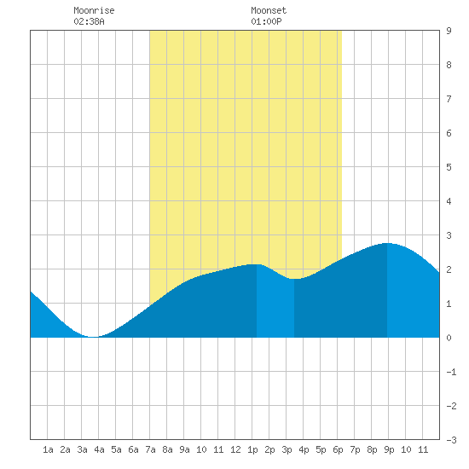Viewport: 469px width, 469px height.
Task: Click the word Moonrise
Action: [x=94, y=10]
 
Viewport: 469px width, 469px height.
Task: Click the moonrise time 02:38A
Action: [x=89, y=21]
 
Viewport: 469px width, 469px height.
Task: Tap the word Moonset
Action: [x=269, y=10]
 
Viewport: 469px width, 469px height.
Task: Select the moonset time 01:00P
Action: [x=266, y=21]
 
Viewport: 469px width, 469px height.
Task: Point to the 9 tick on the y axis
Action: [x=449, y=31]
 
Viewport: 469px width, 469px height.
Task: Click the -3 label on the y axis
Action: [x=451, y=440]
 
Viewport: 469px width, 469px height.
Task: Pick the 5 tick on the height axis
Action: [x=449, y=167]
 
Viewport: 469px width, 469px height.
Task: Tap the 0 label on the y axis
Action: [x=449, y=338]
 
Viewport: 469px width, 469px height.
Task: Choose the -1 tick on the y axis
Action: [x=451, y=372]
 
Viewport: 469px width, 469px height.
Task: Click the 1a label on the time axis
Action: [x=48, y=449]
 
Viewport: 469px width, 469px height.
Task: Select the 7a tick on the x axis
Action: [x=150, y=449]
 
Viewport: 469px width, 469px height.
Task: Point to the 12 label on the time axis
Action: [x=235, y=449]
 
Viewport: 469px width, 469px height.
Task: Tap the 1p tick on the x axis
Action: [x=252, y=449]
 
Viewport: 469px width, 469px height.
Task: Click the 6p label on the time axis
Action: [x=338, y=449]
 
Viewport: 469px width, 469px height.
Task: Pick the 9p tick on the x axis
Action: [x=389, y=449]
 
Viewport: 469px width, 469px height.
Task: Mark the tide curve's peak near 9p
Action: [x=387, y=244]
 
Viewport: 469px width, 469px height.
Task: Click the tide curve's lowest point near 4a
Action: [x=93, y=337]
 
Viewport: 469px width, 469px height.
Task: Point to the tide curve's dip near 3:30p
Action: [x=295, y=279]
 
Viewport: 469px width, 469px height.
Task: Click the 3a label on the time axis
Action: [x=82, y=449]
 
